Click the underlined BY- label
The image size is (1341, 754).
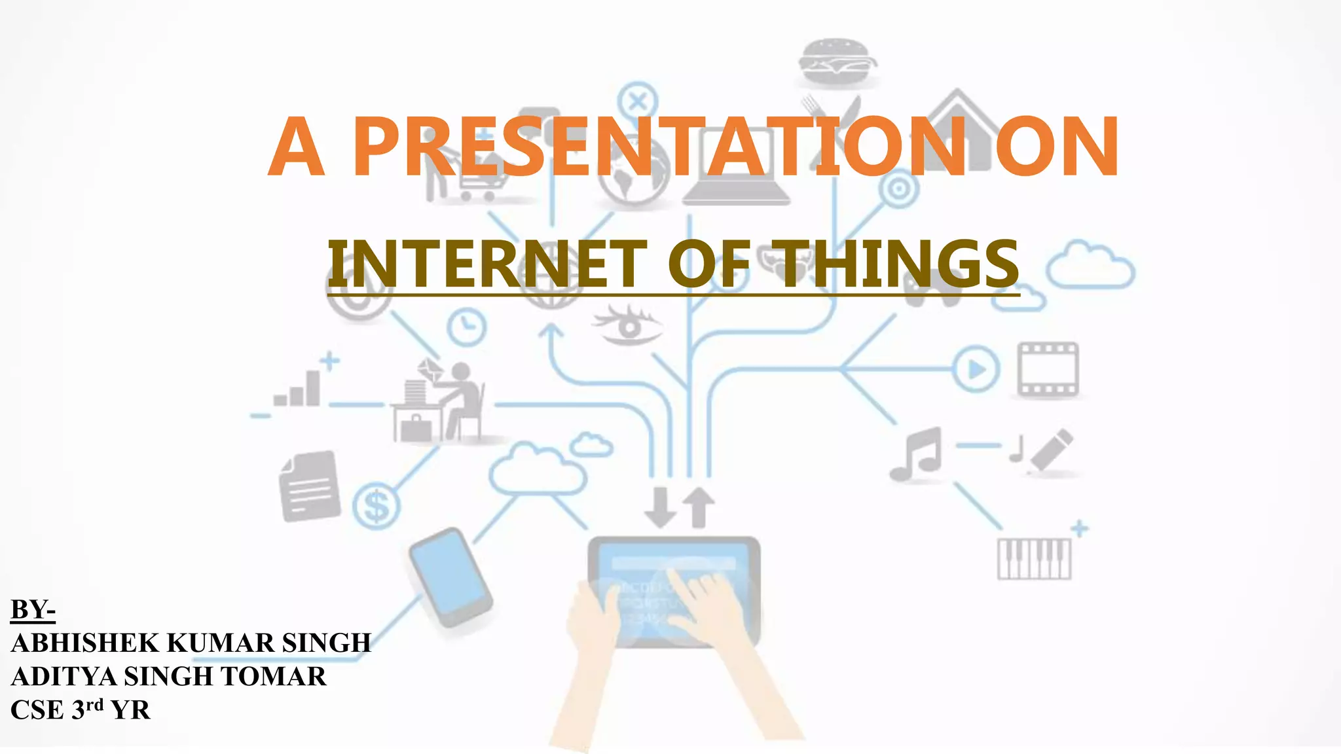[x=33, y=609]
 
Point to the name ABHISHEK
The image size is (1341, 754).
[x=84, y=643]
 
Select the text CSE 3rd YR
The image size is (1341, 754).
[x=80, y=709]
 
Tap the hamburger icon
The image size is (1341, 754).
[x=837, y=61]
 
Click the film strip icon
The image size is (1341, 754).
[x=1047, y=369]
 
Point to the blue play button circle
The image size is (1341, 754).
[x=976, y=369]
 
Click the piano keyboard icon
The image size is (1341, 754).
[x=1034, y=558]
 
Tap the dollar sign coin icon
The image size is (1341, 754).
[x=376, y=505]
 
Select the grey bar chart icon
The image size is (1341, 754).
[x=298, y=389]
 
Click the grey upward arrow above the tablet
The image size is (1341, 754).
[x=699, y=507]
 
